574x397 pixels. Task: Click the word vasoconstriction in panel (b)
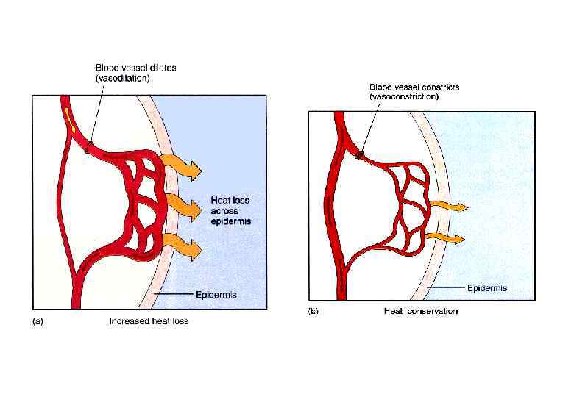tap(405, 96)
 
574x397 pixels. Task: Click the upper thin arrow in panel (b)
tap(449, 207)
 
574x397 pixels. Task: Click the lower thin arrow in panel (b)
tap(447, 238)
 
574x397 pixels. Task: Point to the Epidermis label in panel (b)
tap(488, 287)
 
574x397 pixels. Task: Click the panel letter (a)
tap(36, 321)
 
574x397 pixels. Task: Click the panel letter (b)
tap(313, 312)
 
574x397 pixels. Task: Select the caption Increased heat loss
tap(149, 321)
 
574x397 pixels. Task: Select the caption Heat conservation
tap(420, 312)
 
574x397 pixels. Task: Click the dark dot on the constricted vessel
tap(360, 155)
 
